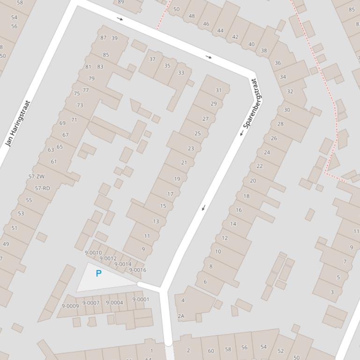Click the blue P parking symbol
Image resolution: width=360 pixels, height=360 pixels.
tap(98, 274)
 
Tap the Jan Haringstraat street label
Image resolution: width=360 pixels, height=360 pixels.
tap(17, 124)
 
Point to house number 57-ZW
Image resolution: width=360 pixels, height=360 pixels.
tap(37, 177)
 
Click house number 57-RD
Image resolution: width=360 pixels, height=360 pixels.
tap(42, 188)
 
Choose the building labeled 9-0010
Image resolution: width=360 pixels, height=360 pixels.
tap(93, 253)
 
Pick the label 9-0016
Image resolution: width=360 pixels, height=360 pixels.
tap(138, 270)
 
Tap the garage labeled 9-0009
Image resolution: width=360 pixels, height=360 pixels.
tap(70, 306)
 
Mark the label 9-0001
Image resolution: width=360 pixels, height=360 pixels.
tap(140, 300)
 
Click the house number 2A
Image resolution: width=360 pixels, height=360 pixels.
tap(181, 316)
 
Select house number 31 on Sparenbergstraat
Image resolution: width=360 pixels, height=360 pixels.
tap(219, 90)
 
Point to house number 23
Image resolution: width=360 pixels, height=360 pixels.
tap(191, 149)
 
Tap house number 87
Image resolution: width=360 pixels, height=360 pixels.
tap(103, 38)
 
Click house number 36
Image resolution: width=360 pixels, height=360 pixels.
tap(278, 63)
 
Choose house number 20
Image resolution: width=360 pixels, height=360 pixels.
tap(253, 180)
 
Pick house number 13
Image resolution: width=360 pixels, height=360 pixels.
tap(156, 222)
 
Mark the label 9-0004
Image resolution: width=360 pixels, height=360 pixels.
tap(114, 303)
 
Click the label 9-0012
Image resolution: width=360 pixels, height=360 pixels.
tap(108, 259)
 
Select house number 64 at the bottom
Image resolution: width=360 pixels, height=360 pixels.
tap(148, 358)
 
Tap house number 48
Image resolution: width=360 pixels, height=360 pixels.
tap(191, 16)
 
